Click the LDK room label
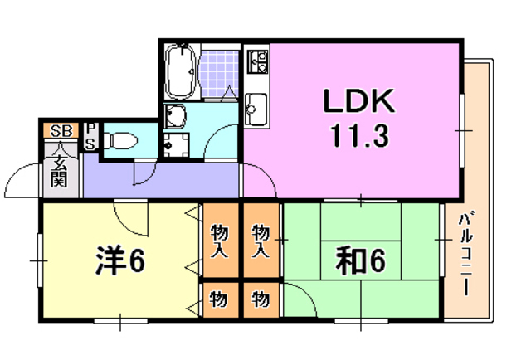point(358,103)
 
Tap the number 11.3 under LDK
point(358,134)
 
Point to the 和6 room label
point(361,261)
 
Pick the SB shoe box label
point(60,130)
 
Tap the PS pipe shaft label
point(91,137)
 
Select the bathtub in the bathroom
point(180,71)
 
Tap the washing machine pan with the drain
point(175,144)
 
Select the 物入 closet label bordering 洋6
point(219,240)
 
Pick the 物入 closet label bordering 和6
point(262,240)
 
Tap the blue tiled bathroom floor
point(218,71)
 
